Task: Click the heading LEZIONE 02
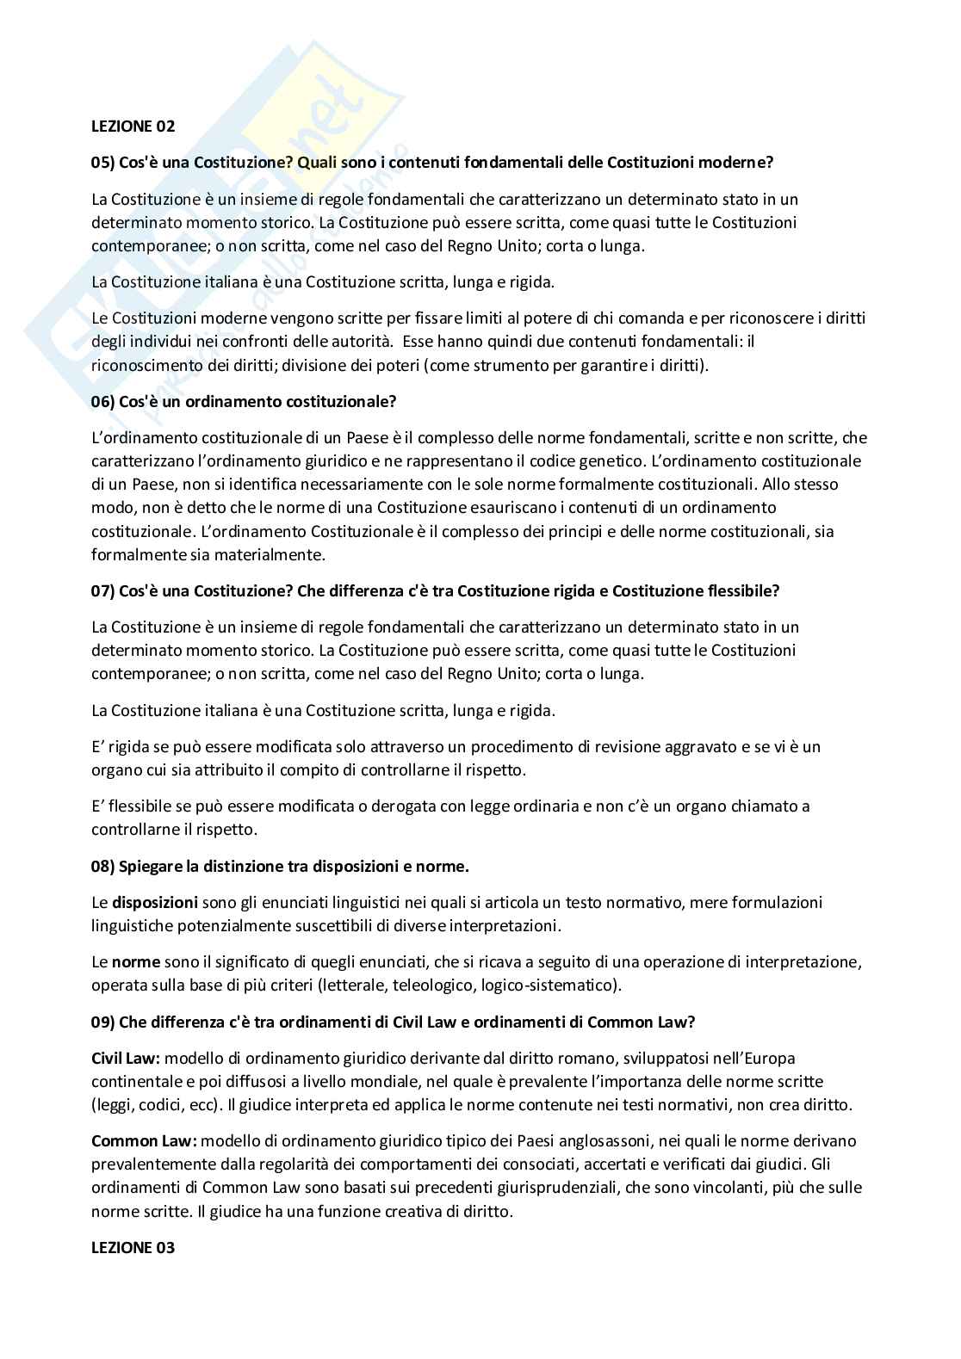point(133,126)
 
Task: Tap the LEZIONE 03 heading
point(133,1247)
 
